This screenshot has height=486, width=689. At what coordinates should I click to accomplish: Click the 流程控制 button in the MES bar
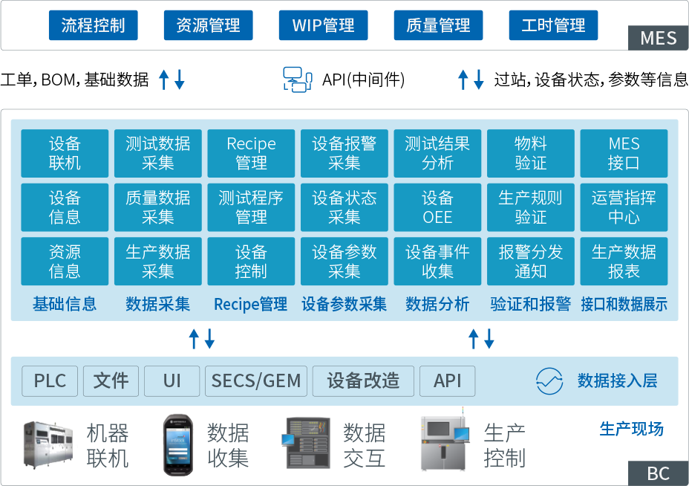point(94,25)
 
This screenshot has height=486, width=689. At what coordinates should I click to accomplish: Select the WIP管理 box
point(323,25)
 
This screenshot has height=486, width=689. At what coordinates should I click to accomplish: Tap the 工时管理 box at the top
point(553,25)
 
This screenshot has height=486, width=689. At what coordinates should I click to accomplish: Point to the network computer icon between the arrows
point(298,79)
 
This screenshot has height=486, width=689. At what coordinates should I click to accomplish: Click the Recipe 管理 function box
point(251,153)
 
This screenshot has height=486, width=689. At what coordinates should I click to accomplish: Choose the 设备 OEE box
point(437,207)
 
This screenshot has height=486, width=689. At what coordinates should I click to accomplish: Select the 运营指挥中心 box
point(624,207)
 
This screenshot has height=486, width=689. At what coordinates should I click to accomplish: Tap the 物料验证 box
point(530,153)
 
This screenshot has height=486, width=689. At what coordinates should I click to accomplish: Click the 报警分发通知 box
point(530,262)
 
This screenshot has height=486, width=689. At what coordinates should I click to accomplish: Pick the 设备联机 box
point(65,153)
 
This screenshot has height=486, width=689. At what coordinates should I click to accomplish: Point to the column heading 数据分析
point(437,304)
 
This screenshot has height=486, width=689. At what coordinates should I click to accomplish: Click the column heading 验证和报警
point(530,304)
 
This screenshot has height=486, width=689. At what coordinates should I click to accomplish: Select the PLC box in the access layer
point(50,381)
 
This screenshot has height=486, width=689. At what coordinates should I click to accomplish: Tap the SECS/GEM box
point(256,381)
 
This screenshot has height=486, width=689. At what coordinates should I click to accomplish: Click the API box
point(448,381)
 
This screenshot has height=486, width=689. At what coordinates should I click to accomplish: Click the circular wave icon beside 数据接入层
point(549,381)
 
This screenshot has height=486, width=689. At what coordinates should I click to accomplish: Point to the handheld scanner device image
point(177,444)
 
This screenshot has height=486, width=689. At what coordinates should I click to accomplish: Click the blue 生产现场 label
point(631,429)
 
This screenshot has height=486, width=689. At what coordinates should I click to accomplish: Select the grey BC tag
point(658,473)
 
